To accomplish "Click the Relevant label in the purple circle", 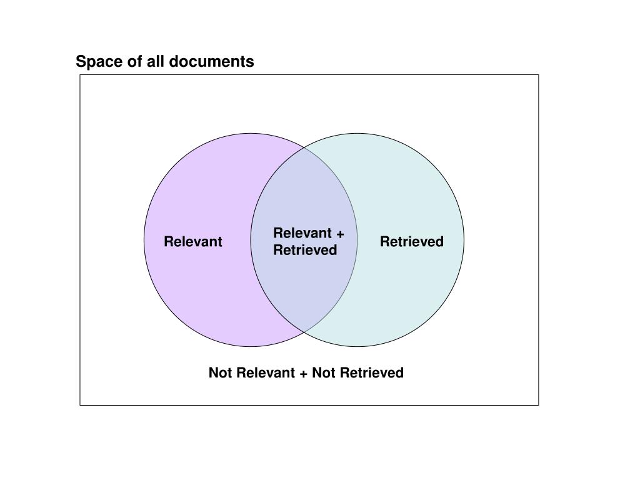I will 193,242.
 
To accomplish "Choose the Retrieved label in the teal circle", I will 412,242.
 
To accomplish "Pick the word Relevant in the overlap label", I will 302,234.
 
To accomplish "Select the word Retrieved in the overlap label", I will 305,251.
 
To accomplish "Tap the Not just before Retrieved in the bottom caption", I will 324,373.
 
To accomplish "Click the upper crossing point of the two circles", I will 304,148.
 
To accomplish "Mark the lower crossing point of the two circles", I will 304,331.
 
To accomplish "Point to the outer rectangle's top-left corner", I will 80,75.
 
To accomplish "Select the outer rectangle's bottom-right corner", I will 538,405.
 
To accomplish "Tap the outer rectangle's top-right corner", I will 538,75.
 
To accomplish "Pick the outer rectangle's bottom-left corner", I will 80,405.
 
